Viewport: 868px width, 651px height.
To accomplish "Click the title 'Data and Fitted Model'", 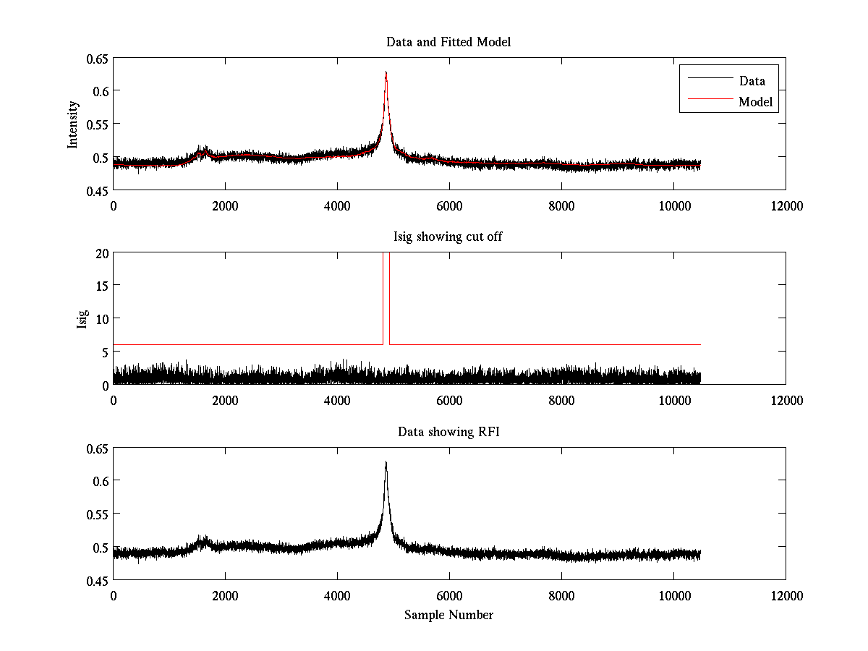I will coord(448,42).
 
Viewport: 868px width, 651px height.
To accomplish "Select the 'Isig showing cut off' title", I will coord(448,237).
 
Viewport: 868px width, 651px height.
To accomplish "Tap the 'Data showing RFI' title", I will coord(448,433).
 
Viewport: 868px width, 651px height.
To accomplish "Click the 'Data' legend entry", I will coord(752,81).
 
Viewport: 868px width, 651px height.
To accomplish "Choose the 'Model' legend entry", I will coord(756,102).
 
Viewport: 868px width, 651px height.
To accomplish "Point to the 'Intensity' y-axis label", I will coord(73,124).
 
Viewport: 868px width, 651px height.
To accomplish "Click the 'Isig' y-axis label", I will coord(82,319).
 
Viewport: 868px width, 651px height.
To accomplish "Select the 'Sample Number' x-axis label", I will coord(448,616).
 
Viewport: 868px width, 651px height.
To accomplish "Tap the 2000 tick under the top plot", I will coord(225,206).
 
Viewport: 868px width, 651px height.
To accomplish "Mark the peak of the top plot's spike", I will coord(386,72).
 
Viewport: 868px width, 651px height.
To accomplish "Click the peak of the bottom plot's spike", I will coord(386,461).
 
